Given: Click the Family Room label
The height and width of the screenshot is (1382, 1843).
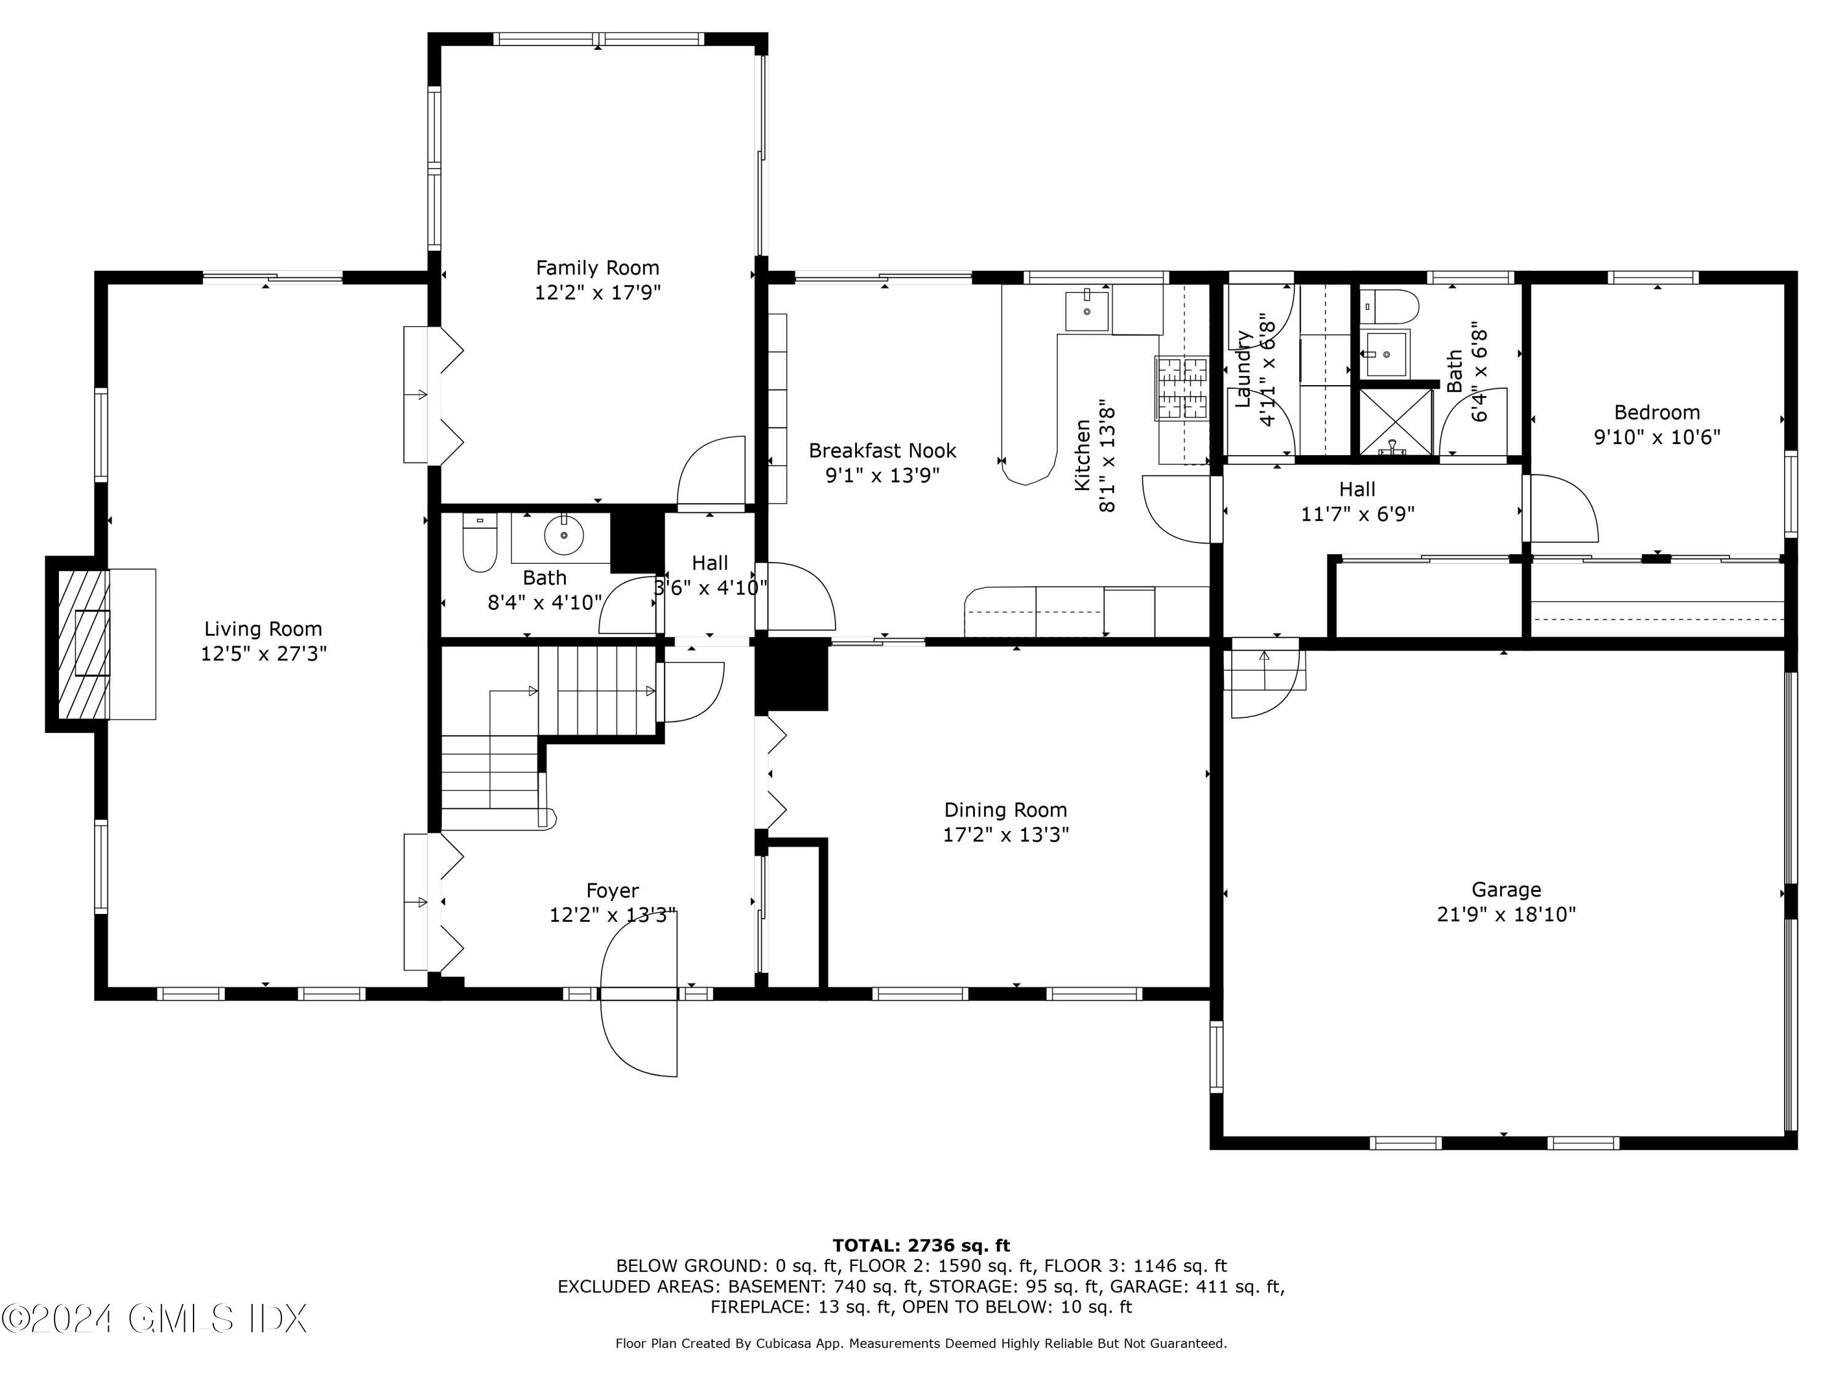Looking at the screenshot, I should point(597,267).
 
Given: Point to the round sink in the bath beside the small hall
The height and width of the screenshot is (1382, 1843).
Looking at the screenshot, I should point(564,535).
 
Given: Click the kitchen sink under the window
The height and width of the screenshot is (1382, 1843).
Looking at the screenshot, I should point(1087,311).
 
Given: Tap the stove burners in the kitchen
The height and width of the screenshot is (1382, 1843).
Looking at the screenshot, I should point(1181,388).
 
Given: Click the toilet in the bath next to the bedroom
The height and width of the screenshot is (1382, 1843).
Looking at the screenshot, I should point(1389,307).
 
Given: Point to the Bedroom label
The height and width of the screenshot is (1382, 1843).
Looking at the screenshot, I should point(1656,412).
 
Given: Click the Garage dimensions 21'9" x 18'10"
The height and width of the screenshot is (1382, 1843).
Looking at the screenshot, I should point(1506,915).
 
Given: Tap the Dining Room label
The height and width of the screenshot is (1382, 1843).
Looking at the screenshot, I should point(1005,810).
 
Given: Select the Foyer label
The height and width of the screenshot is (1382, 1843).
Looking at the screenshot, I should point(612,891).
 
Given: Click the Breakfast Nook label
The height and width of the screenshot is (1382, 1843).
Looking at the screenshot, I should point(882,451).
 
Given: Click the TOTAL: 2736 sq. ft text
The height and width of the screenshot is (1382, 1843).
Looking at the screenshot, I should point(921,1246).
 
